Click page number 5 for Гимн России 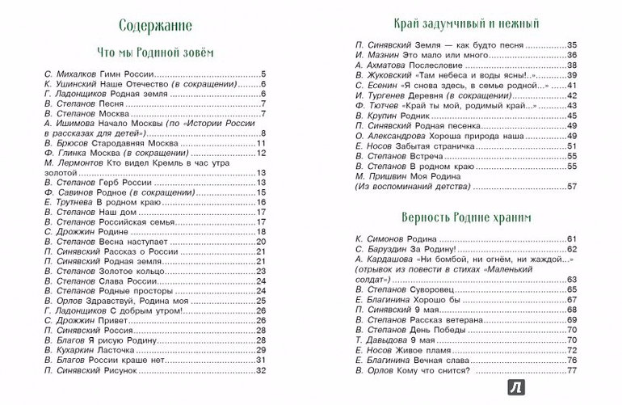coord(263,73)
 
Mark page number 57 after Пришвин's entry coord(571,186)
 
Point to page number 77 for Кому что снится coord(571,370)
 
